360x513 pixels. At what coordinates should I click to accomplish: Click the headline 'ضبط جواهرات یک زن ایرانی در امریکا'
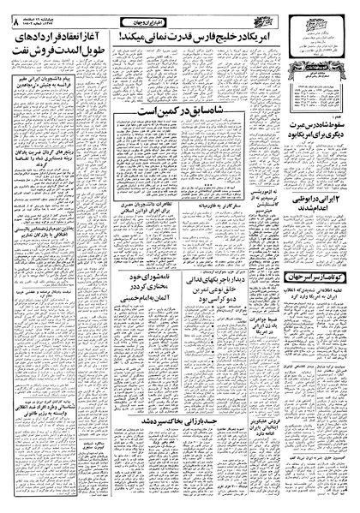pyautogui.click(x=257, y=348)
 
